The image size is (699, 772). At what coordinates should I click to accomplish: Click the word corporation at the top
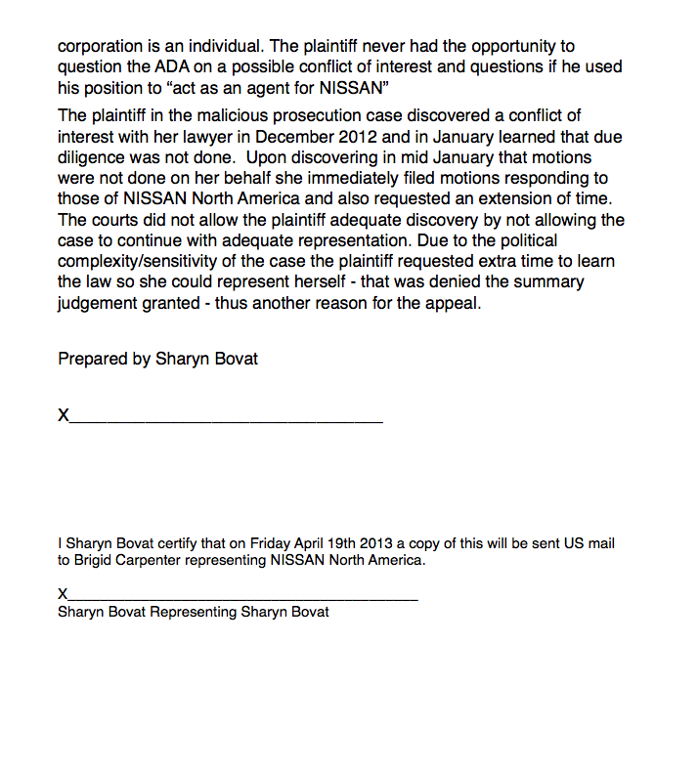(101, 46)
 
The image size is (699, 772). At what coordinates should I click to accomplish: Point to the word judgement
(101, 303)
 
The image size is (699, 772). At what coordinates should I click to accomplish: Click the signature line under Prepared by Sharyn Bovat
(226, 421)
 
